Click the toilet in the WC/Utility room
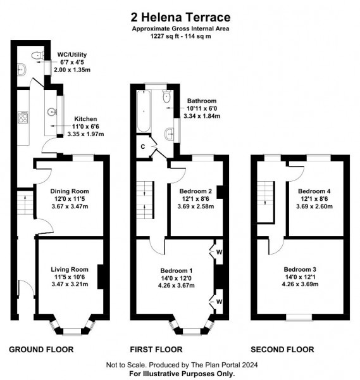click(37, 56)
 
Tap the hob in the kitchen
click(23, 118)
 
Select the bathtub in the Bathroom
click(144, 111)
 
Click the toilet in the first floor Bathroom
click(167, 96)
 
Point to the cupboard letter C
click(143, 147)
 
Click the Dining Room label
click(70, 191)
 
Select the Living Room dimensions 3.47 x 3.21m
click(70, 284)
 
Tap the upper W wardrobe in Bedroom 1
click(219, 252)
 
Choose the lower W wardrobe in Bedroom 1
click(219, 301)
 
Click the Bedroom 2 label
click(196, 191)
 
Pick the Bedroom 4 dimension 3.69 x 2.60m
click(314, 206)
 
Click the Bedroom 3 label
click(300, 269)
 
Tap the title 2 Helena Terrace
click(180, 17)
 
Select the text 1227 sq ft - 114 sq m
click(180, 36)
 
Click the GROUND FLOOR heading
click(41, 350)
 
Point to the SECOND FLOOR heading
click(282, 350)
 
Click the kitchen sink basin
click(52, 112)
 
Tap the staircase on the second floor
click(266, 201)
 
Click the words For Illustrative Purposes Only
click(182, 374)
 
